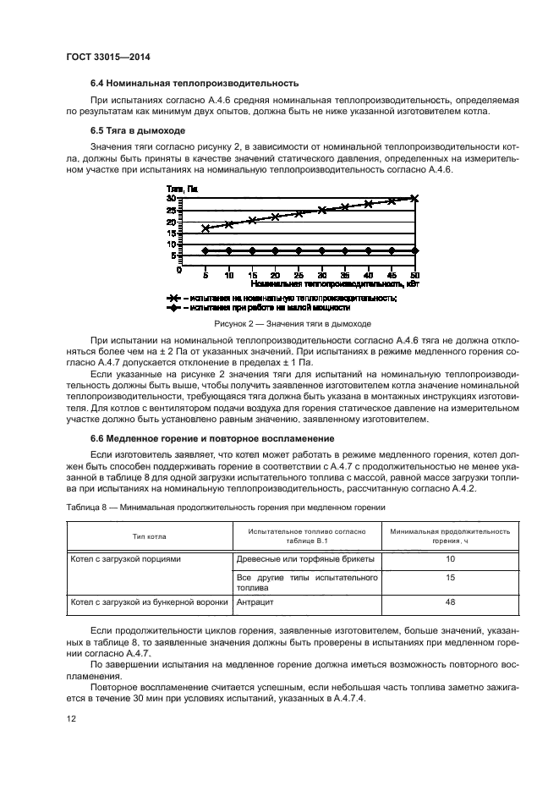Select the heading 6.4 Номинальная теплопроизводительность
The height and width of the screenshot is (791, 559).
click(x=195, y=85)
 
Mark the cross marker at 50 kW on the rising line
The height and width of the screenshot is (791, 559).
click(x=414, y=198)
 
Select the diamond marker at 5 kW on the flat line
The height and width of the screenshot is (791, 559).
click(x=206, y=250)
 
